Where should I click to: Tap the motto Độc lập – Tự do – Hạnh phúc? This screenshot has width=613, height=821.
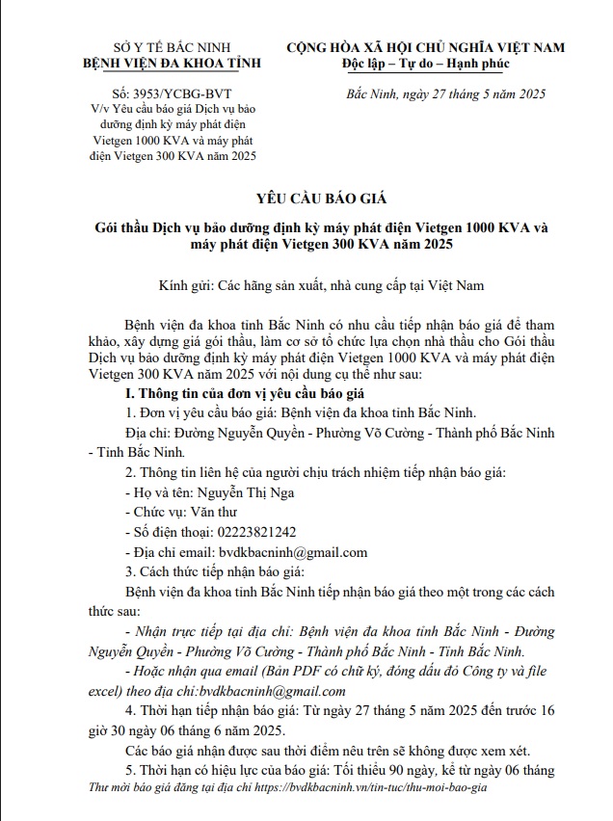426,64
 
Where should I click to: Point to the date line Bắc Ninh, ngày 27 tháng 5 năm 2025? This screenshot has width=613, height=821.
445,94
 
